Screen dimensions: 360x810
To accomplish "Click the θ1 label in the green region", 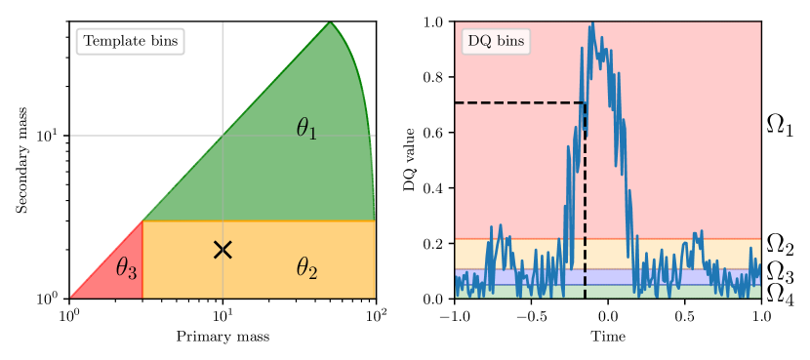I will pyautogui.click(x=306, y=129).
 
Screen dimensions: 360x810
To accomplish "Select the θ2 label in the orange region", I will pyautogui.click(x=306, y=268).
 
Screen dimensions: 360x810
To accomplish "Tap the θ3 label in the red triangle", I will pyautogui.click(x=126, y=267).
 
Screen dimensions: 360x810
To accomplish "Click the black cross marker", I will pyautogui.click(x=223, y=250).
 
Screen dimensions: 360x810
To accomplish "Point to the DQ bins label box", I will pyautogui.click(x=496, y=42).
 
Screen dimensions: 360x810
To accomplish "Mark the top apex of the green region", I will pyautogui.click(x=330, y=22).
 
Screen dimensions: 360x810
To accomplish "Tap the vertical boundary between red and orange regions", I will pyautogui.click(x=143, y=260).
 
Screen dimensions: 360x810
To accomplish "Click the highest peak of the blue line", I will pyautogui.click(x=591, y=23).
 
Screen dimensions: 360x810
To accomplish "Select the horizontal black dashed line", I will pyautogui.click(x=517, y=102).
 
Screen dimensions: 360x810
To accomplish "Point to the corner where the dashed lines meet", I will pyautogui.click(x=585, y=102).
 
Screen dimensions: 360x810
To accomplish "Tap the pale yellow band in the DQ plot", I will pyautogui.click(x=722, y=254).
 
